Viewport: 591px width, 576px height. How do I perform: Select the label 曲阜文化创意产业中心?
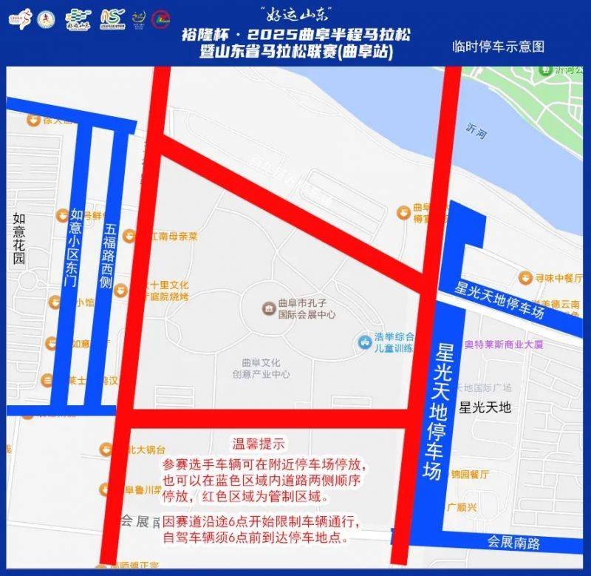pyautogui.click(x=265, y=368)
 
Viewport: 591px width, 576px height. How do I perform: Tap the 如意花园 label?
pyautogui.click(x=18, y=238)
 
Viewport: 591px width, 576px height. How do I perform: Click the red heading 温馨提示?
pyautogui.click(x=259, y=444)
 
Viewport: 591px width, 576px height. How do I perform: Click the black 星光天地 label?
pyautogui.click(x=485, y=407)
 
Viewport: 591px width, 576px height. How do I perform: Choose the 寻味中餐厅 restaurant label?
pyautogui.click(x=558, y=278)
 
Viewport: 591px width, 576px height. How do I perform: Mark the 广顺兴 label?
pyautogui.click(x=464, y=508)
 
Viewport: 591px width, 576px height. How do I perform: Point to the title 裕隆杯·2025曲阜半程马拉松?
pyautogui.click(x=295, y=35)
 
